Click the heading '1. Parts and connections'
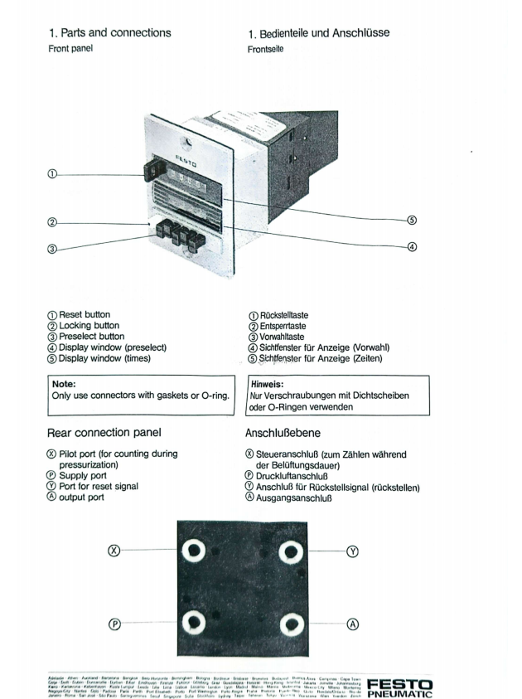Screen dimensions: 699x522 [x=110, y=33]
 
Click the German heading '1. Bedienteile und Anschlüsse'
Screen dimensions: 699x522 [x=318, y=33]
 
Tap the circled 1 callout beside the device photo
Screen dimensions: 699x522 [x=53, y=175]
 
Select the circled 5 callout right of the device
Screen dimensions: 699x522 [x=411, y=221]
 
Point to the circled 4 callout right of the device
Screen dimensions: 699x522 [x=411, y=246]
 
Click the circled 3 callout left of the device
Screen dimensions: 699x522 [x=53, y=248]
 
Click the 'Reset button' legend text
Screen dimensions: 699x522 [x=92, y=316]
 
